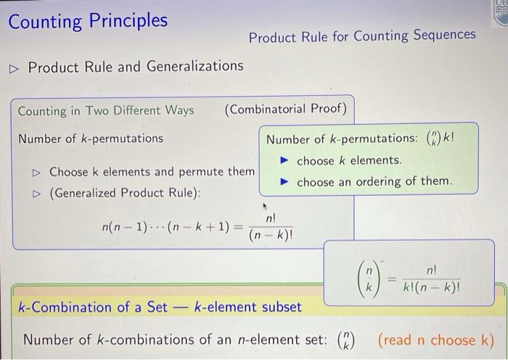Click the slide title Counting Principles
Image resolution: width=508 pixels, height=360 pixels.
point(88,21)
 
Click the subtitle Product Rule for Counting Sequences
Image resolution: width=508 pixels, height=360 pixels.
point(362,36)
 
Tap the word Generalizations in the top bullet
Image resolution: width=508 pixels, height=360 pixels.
point(194,67)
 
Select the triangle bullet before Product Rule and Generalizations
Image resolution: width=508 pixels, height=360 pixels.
point(14,69)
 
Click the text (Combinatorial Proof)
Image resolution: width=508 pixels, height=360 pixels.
point(285,109)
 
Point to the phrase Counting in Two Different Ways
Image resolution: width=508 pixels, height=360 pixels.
point(106,111)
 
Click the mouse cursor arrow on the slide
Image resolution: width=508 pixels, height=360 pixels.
point(265,206)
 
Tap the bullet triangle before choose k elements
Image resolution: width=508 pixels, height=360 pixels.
point(284,160)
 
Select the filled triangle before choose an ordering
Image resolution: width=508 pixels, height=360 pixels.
point(284,181)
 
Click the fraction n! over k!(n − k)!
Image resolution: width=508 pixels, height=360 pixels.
point(431,279)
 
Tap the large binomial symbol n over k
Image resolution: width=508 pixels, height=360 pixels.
point(369,279)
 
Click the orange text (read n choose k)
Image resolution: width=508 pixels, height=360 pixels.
point(436,340)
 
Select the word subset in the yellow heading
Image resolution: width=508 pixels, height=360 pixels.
point(282,307)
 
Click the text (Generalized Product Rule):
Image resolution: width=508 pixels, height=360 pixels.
point(125,193)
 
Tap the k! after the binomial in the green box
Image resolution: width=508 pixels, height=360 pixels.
point(448,138)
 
